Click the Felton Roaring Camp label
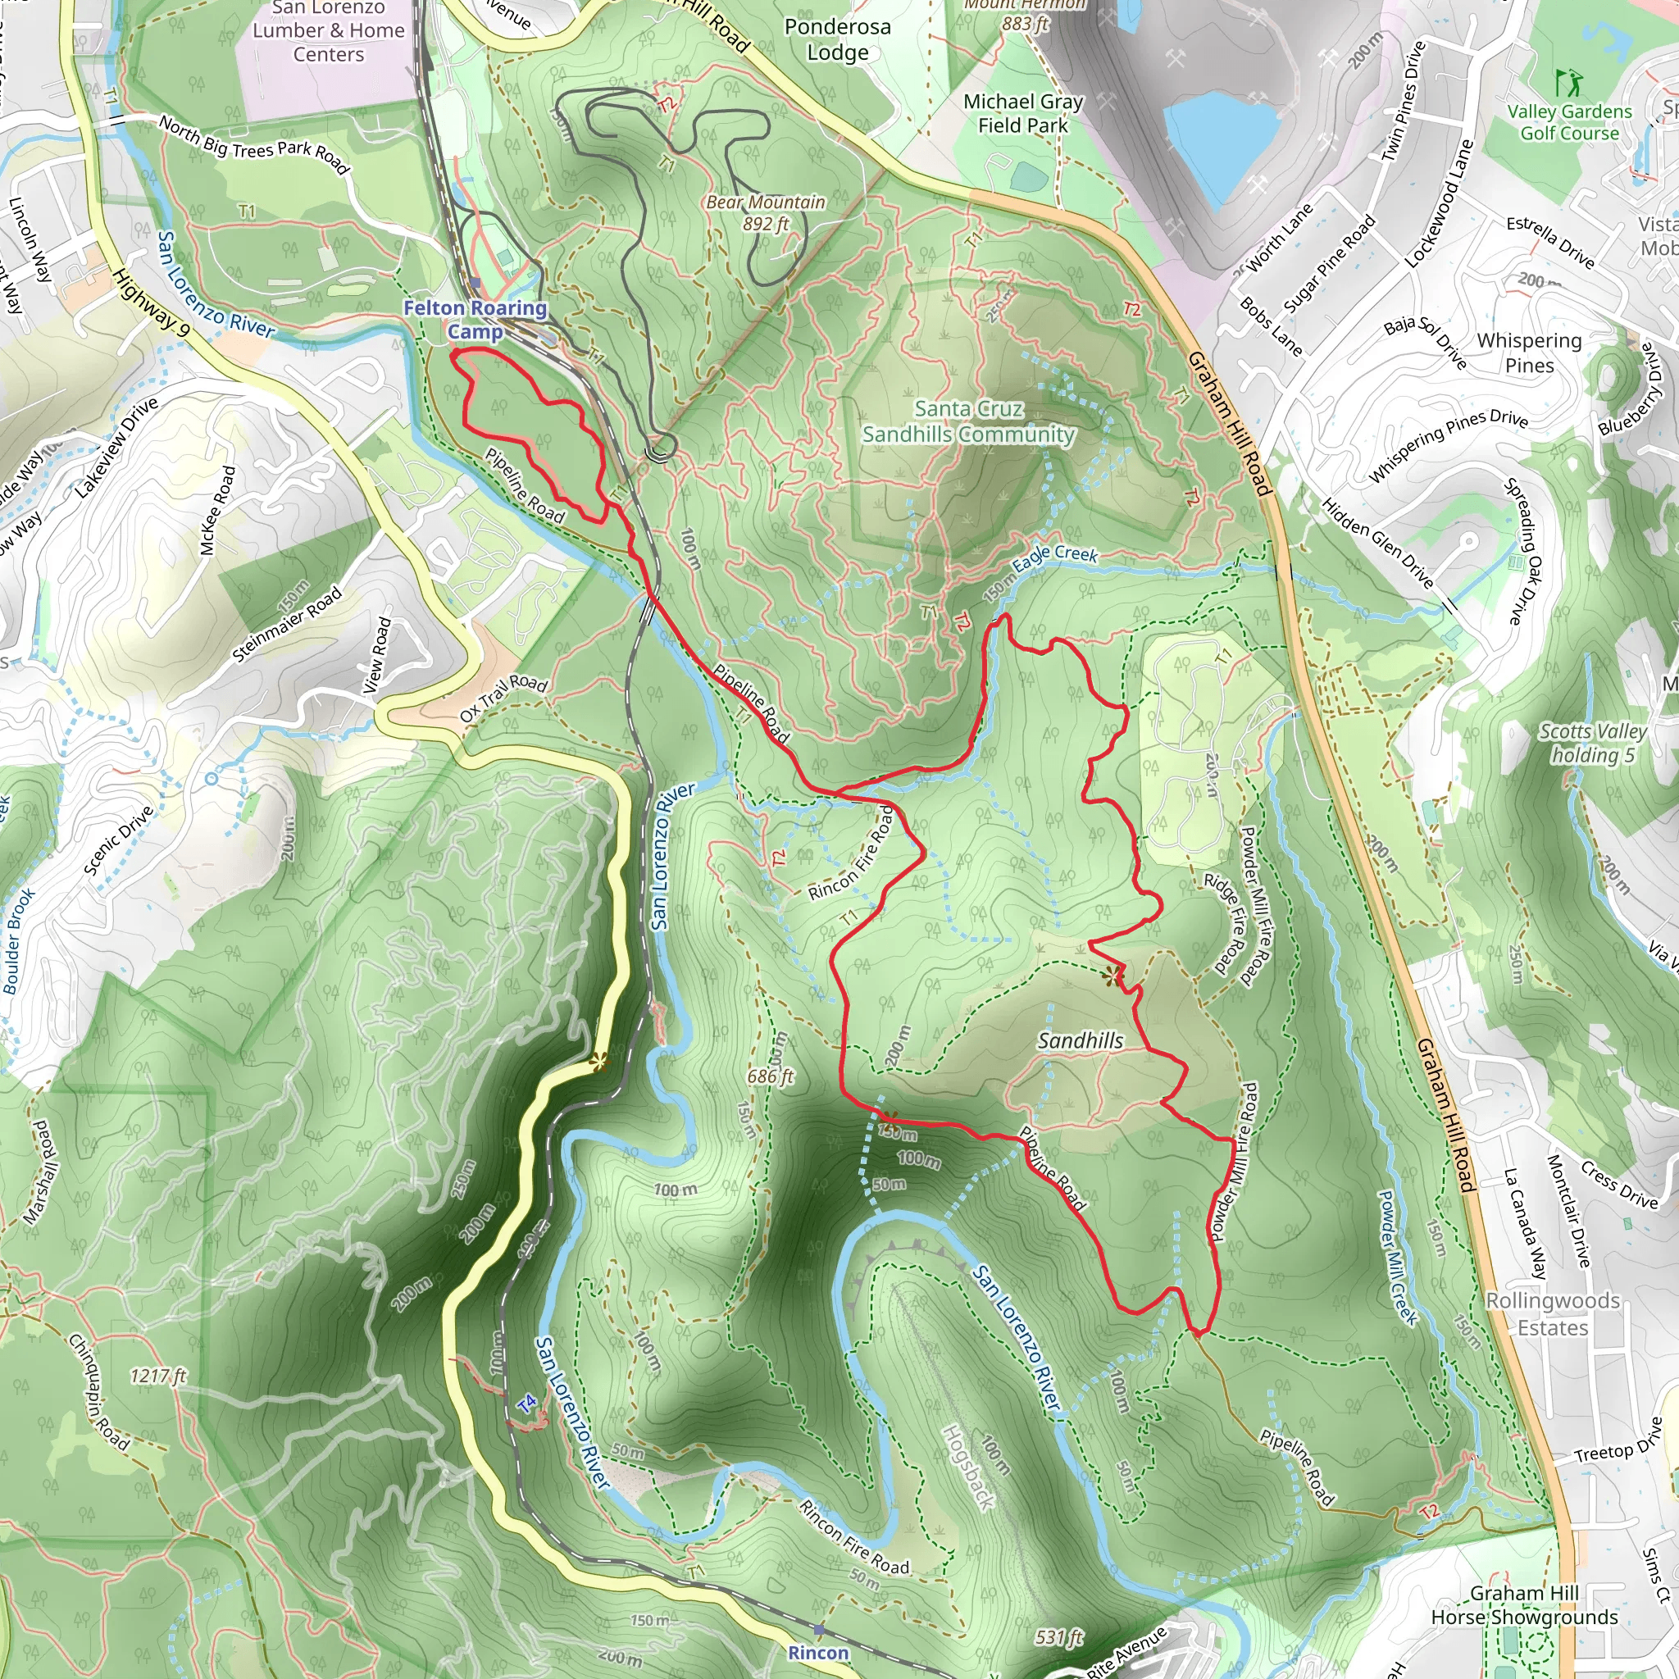475,319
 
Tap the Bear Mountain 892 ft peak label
765,212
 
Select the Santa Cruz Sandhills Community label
968,421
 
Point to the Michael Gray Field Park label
1023,114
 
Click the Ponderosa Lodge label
837,39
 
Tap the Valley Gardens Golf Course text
1568,122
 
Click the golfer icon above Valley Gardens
1568,84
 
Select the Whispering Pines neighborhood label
1529,352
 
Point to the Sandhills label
1081,1040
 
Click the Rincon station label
817,1652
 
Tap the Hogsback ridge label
968,1467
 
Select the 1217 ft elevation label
158,1376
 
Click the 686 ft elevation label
770,1076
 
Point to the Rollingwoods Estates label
1552,1313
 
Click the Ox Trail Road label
503,697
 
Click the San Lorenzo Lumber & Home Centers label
329,31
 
